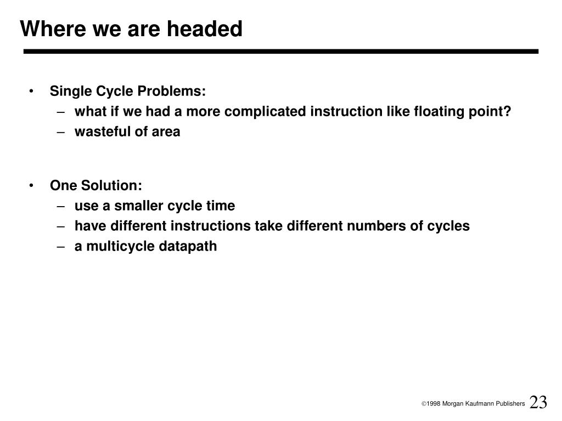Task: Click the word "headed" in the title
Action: pyautogui.click(x=205, y=29)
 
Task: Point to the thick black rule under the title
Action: pyautogui.click(x=281, y=52)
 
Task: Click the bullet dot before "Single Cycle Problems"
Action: pyautogui.click(x=31, y=92)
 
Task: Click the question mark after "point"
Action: pyautogui.click(x=507, y=111)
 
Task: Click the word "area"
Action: pyautogui.click(x=166, y=132)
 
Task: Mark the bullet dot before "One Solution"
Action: pyautogui.click(x=31, y=186)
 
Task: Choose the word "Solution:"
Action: pyautogui.click(x=111, y=185)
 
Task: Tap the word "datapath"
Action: pyautogui.click(x=188, y=246)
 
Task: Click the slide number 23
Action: pyautogui.click(x=538, y=402)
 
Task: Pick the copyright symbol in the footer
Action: pyautogui.click(x=424, y=404)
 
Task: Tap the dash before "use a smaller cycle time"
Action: pyautogui.click(x=61, y=207)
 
